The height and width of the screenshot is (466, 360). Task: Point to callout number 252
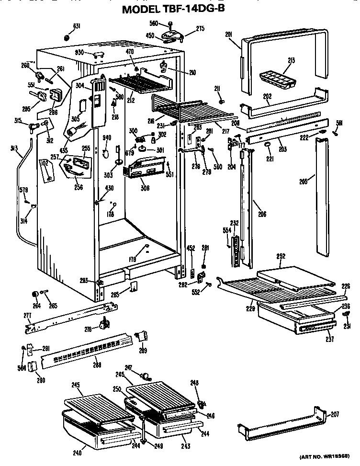(281, 256)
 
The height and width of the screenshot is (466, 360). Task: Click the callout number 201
(228, 34)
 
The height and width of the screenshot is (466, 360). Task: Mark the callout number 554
(227, 231)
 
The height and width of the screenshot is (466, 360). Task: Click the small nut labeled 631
(67, 37)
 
